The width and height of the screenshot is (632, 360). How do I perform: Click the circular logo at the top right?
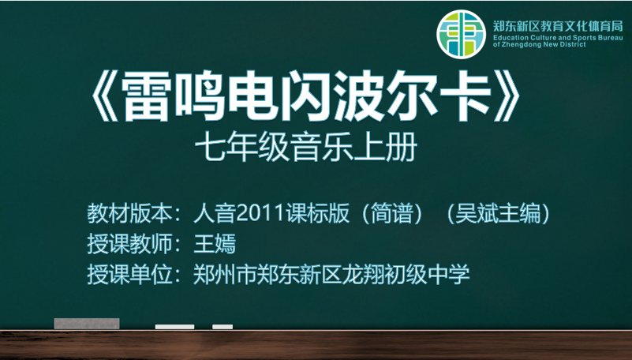point(461,34)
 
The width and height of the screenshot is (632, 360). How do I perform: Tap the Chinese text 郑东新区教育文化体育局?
point(558,27)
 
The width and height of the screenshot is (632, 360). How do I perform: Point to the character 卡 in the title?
point(466,96)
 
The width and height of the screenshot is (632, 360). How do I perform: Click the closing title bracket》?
point(507,96)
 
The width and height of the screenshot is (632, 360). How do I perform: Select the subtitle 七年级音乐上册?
point(306,147)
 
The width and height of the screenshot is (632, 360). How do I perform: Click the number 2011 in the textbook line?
point(260,213)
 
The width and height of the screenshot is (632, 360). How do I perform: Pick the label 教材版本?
point(129,213)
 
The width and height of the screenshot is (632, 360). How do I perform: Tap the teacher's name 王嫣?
point(215,244)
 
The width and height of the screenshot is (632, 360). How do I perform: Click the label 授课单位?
point(129,275)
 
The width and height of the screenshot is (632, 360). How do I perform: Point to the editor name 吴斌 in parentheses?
point(477,213)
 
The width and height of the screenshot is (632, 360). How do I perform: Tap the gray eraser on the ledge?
point(87,324)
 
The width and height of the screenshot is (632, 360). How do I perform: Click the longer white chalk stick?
point(174,327)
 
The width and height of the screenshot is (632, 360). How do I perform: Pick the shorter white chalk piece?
point(223,327)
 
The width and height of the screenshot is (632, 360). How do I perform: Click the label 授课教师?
point(129,244)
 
